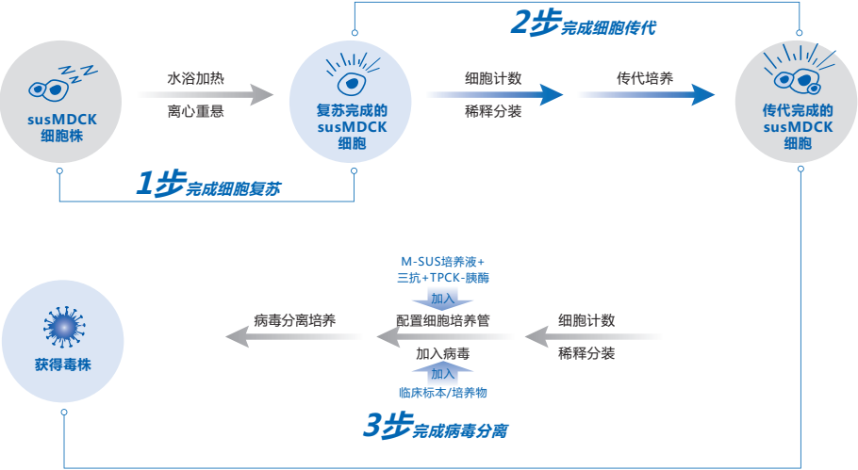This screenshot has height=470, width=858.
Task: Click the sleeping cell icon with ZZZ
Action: pos(57,84)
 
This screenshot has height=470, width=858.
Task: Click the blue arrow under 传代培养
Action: pos(646,94)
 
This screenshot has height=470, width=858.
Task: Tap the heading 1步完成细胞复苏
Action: pos(207,186)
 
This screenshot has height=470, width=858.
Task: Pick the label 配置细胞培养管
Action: pos(442,320)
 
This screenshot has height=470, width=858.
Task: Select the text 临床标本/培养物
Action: pos(443,392)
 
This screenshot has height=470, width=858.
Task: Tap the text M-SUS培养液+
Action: pos(443,261)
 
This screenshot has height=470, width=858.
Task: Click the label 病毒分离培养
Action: pos(294,320)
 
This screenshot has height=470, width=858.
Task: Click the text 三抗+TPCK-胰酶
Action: pos(443,279)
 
